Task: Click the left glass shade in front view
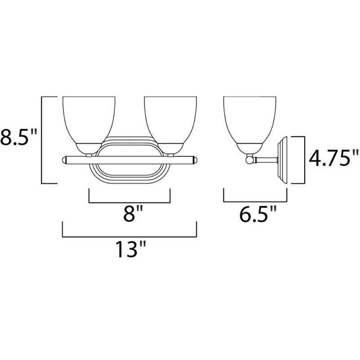pyautogui.click(x=88, y=119)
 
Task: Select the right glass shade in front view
pyautogui.click(x=170, y=119)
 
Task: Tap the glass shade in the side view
pyautogui.click(x=249, y=119)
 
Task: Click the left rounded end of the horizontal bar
pyautogui.click(x=64, y=159)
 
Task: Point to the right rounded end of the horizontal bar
pyautogui.click(x=194, y=159)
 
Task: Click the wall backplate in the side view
pyautogui.click(x=283, y=160)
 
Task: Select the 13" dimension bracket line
pyautogui.click(x=130, y=235)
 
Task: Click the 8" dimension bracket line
pyautogui.click(x=130, y=202)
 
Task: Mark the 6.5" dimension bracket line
pyautogui.click(x=255, y=202)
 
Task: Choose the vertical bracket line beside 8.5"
pyautogui.click(x=42, y=139)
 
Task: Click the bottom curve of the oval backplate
pyautogui.click(x=130, y=179)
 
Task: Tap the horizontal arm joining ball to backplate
pyautogui.click(x=265, y=159)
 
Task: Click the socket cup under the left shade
pyautogui.click(x=88, y=148)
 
